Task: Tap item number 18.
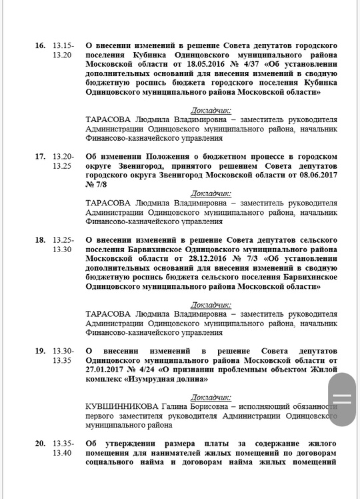coord(40,239)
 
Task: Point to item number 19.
coord(40,351)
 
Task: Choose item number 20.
coord(40,443)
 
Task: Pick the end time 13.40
coord(62,453)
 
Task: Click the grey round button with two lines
coord(342,399)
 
